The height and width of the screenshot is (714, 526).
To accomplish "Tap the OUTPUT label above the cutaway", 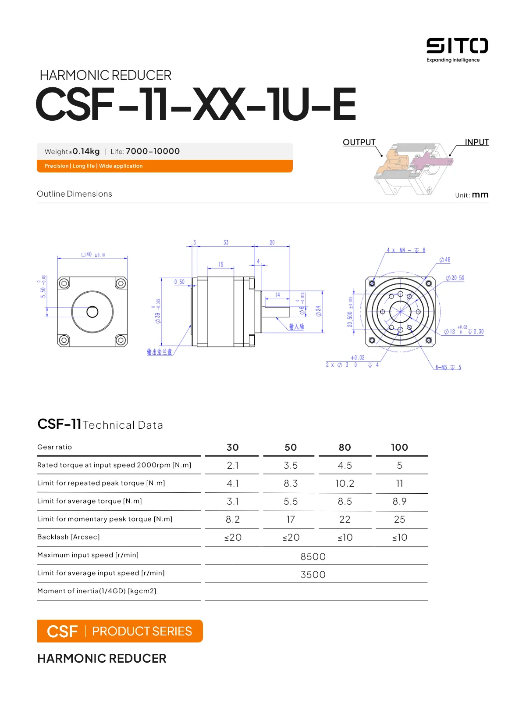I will [x=359, y=142].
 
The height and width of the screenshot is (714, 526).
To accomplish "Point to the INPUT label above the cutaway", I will [x=476, y=142].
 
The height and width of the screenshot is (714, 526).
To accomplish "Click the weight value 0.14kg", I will [x=86, y=151].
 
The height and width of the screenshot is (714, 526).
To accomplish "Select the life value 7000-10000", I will [x=153, y=151].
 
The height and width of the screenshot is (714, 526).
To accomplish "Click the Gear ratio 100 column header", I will [x=399, y=447].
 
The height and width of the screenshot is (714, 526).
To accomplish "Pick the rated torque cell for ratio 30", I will [x=232, y=465].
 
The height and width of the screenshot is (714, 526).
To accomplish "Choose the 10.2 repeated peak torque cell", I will [x=345, y=483].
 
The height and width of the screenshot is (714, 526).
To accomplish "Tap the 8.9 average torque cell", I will [x=399, y=501].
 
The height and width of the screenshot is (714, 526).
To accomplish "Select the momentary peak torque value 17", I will [x=291, y=519].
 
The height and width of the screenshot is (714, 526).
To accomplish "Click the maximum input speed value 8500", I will [x=313, y=556].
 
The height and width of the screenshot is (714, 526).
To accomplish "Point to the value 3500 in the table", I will [x=313, y=574].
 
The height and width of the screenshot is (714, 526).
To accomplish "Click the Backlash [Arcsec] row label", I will [x=68, y=537].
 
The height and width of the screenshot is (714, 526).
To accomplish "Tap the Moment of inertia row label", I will [x=96, y=591].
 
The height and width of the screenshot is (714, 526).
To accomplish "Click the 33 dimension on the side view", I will [x=226, y=242].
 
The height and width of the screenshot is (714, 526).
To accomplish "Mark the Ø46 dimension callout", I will [x=445, y=260].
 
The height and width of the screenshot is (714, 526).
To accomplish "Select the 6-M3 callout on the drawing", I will [x=448, y=367].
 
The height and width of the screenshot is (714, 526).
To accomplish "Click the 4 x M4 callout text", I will [x=405, y=250].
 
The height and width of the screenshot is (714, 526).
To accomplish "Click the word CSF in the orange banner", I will [x=62, y=631].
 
